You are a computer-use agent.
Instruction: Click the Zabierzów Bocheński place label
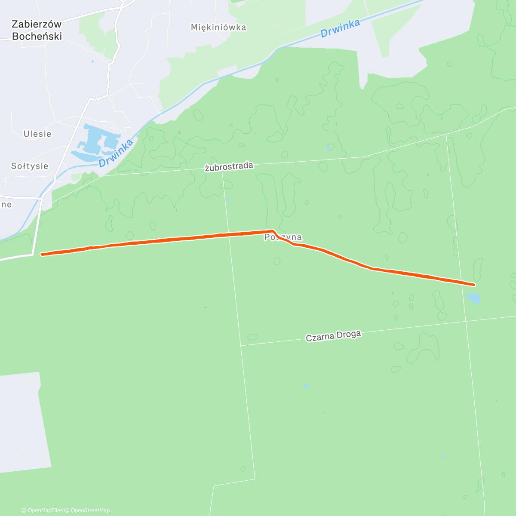coord(37,30)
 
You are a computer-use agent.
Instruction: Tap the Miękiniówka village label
coord(218,27)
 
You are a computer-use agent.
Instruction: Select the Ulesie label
coord(37,134)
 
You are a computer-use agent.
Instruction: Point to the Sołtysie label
coord(30,166)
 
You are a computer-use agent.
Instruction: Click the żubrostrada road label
coord(229,167)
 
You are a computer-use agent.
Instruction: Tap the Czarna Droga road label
coord(333,336)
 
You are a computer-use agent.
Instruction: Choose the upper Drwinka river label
coord(340,28)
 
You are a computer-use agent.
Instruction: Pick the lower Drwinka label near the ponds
coord(116,153)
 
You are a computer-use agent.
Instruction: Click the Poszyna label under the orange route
coord(283,237)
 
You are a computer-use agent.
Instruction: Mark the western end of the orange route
coord(42,254)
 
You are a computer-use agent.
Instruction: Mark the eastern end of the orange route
coord(474,285)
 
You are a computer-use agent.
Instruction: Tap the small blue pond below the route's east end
coord(473,298)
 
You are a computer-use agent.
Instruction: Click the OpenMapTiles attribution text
coord(42,510)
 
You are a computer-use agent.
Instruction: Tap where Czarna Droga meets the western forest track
coord(241,345)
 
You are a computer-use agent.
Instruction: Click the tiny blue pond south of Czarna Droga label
coord(306,386)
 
